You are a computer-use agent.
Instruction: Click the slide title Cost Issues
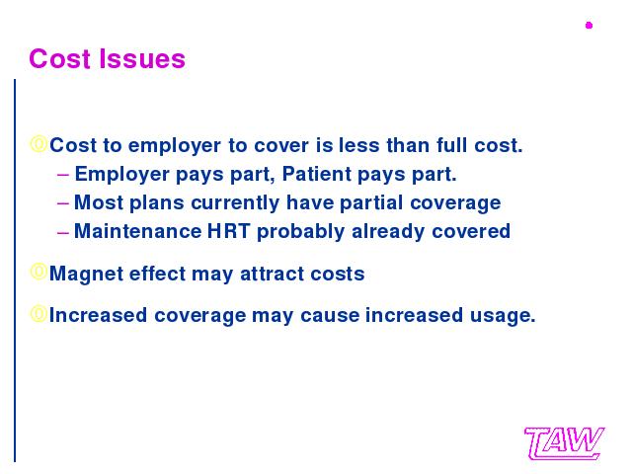[108, 59]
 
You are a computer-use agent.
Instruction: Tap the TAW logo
[564, 443]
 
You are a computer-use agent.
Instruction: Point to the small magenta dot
[589, 26]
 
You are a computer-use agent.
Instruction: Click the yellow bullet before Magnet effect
[39, 273]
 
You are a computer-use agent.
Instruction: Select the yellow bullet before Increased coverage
[39, 314]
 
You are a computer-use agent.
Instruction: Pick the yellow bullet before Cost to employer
[39, 144]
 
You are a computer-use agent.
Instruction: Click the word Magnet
[86, 275]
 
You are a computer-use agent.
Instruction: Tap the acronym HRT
[228, 231]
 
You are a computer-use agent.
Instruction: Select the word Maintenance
[138, 231]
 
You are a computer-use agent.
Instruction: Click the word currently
[235, 203]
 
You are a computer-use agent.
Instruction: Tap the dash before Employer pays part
[63, 175]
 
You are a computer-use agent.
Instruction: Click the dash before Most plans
[63, 203]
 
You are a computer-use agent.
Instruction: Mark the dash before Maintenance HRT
[63, 233]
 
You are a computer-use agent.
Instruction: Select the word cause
[330, 316]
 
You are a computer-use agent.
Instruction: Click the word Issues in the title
[142, 59]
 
